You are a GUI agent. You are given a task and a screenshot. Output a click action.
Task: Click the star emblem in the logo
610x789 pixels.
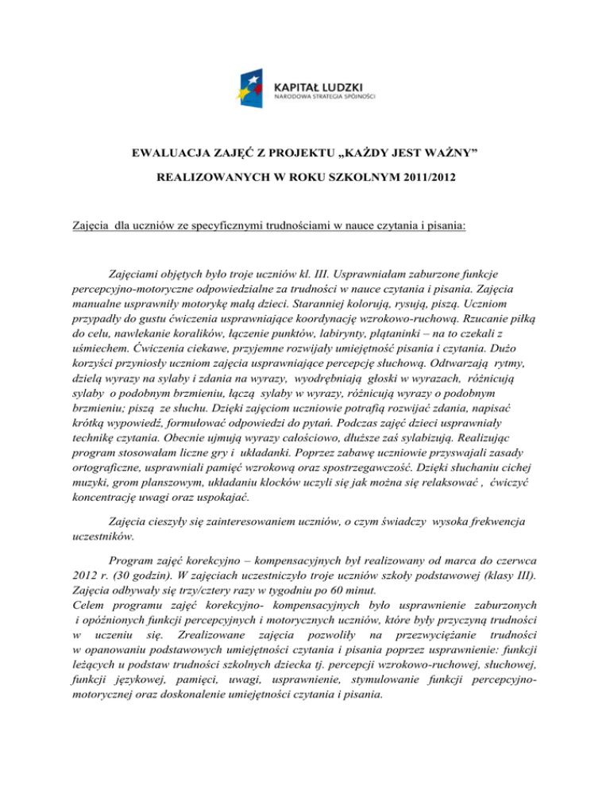pyautogui.click(x=256, y=87)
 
